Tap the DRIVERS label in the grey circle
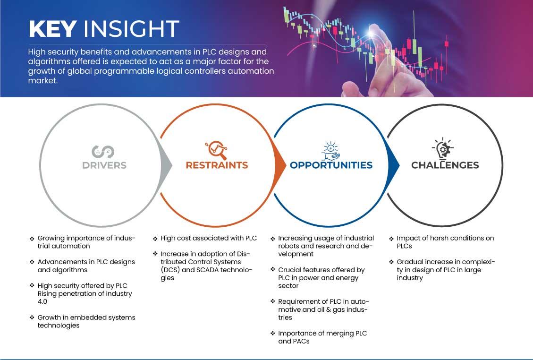104,165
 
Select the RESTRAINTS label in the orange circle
217,165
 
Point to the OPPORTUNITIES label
331,165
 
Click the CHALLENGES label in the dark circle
445,165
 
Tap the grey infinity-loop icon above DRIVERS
103,152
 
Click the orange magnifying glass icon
216,150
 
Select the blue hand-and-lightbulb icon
331,151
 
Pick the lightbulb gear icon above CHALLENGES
442,148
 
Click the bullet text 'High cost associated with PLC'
209,238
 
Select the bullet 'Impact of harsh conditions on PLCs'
445,242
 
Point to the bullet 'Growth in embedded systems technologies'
86,321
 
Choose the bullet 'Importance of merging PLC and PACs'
322,337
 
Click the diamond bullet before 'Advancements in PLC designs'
32,262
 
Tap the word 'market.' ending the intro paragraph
43,81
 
